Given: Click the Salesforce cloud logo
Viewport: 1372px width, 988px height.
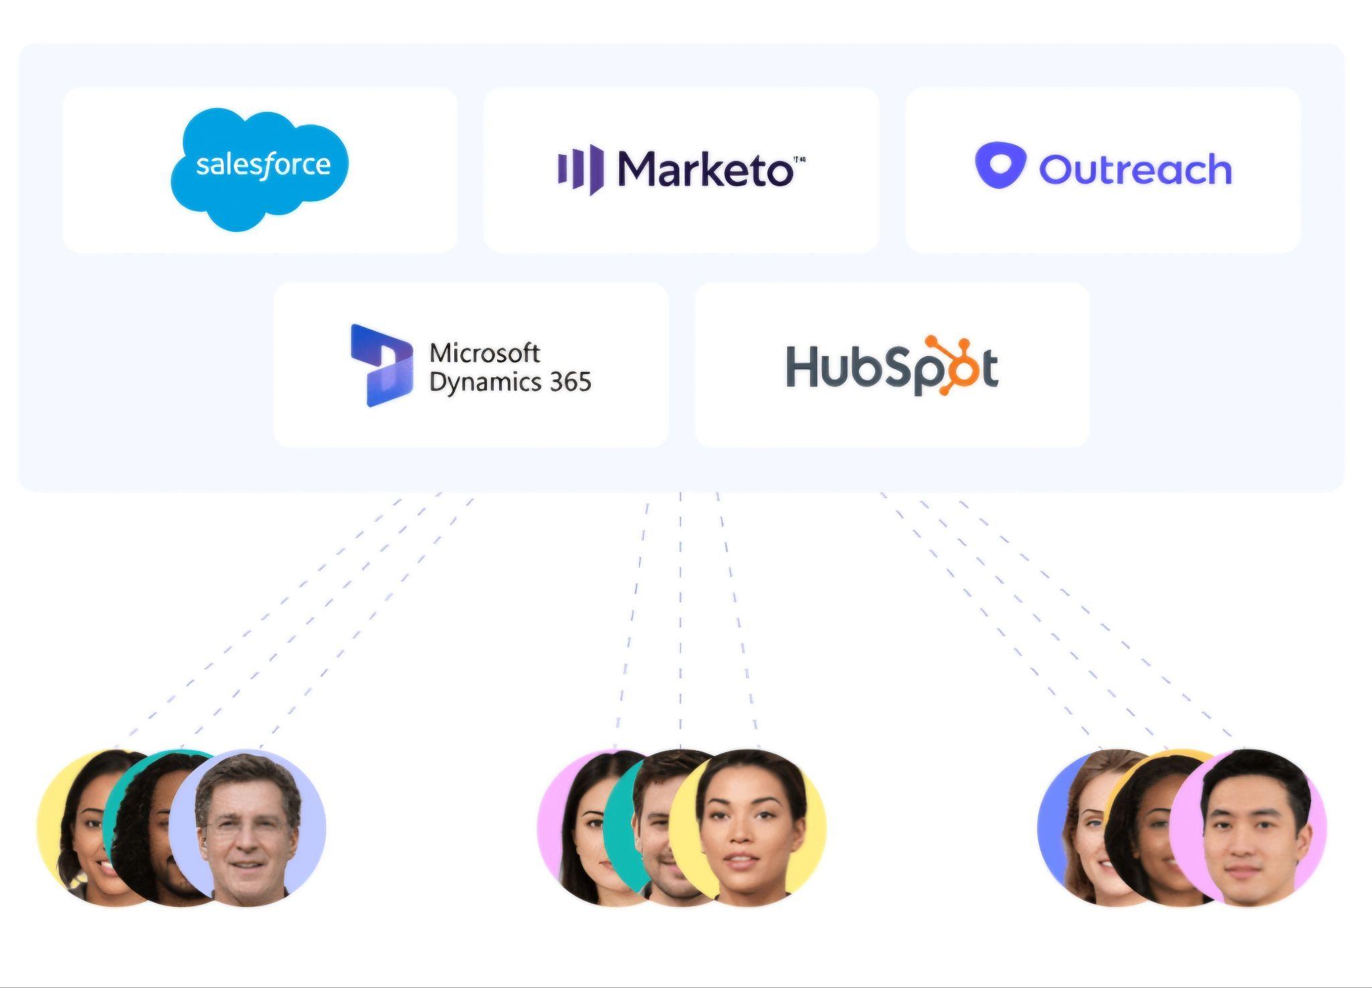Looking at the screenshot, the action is [x=260, y=170].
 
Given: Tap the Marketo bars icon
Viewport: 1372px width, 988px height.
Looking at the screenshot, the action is [x=580, y=169].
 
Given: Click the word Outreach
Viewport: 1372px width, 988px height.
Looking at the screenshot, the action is [x=1136, y=169].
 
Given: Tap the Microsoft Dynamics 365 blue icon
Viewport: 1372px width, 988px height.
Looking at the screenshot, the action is [x=381, y=365].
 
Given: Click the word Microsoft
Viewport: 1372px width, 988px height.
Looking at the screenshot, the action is [x=484, y=353].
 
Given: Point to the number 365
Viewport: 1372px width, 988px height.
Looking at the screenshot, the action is [x=570, y=382].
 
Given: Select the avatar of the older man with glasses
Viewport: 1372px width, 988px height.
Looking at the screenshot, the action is [x=247, y=828].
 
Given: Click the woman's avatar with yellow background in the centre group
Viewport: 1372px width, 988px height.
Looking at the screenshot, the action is [x=748, y=828].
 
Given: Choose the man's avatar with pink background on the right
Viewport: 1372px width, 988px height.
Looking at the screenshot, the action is [x=1248, y=828].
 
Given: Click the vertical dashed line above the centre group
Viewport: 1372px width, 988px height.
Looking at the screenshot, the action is [x=681, y=621].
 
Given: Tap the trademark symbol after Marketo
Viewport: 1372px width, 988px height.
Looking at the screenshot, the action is [x=799, y=160].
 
